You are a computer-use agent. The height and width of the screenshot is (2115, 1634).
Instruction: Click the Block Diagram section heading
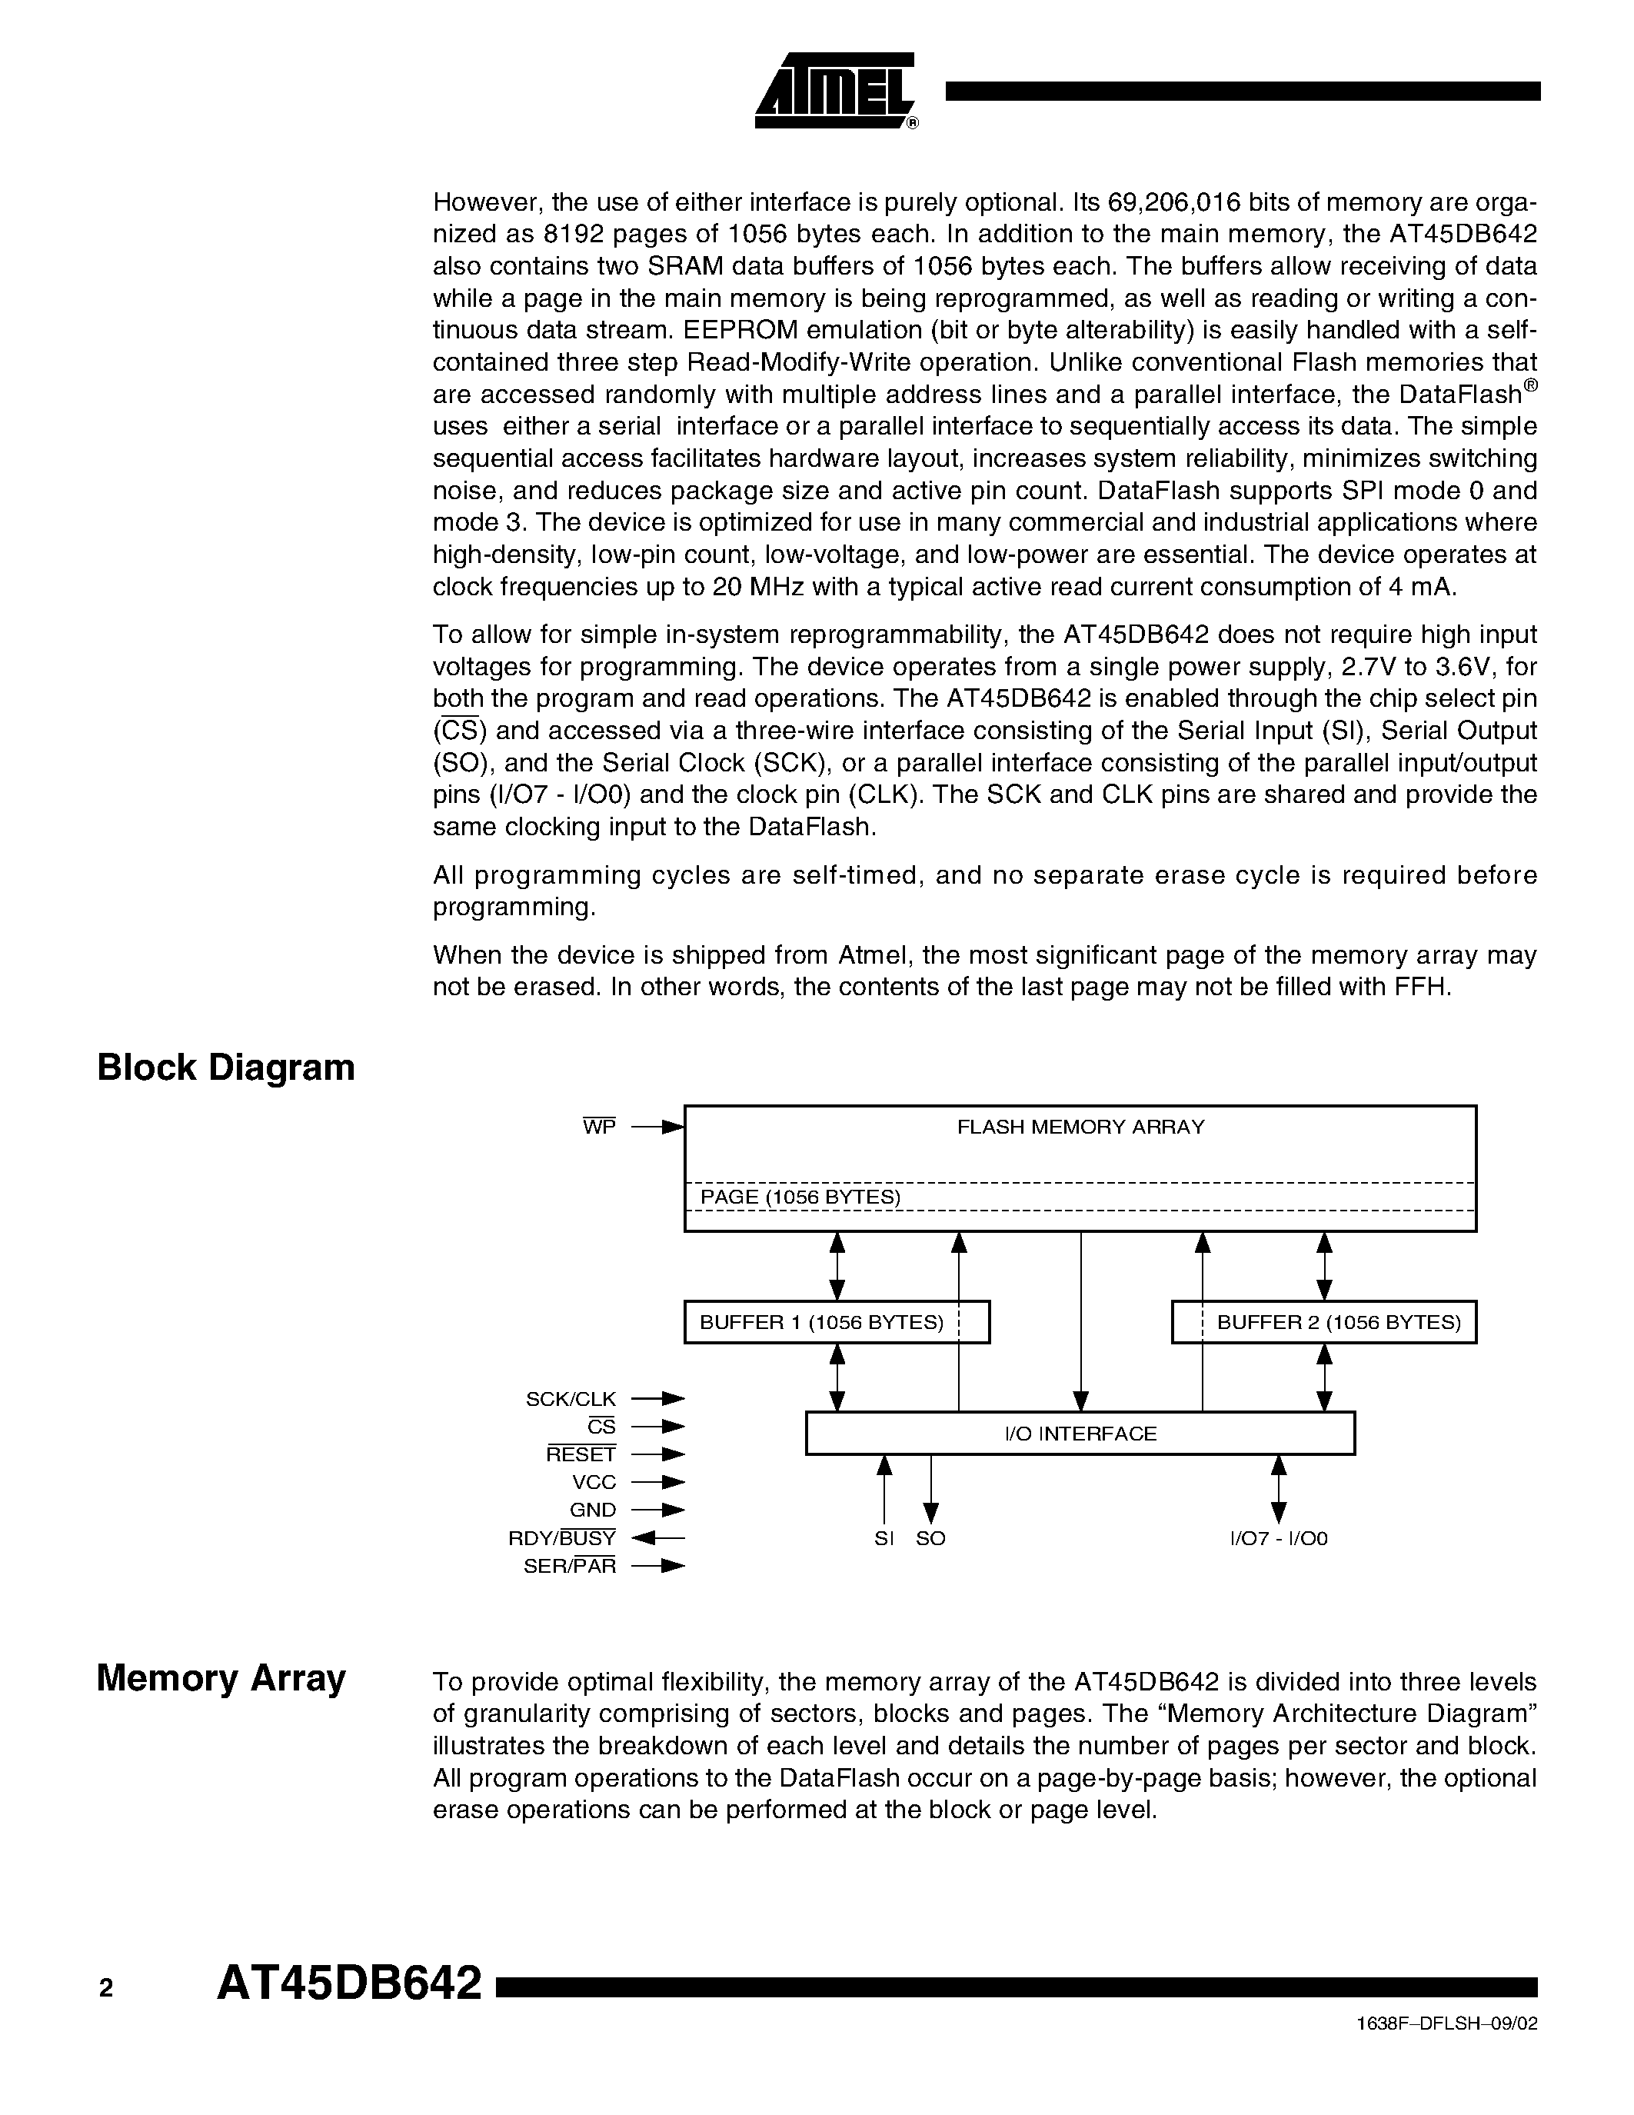pyautogui.click(x=225, y=1067)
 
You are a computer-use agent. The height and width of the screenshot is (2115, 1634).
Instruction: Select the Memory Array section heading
pyautogui.click(x=221, y=1677)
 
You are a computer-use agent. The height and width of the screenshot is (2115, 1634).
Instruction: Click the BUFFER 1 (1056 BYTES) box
pyautogui.click(x=837, y=1322)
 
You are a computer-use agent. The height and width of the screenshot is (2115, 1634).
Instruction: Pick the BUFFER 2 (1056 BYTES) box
pyautogui.click(x=1323, y=1322)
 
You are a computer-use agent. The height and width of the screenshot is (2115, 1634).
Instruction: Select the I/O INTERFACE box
pyautogui.click(x=1080, y=1434)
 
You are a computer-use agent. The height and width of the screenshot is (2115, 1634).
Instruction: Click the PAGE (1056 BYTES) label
pyautogui.click(x=800, y=1197)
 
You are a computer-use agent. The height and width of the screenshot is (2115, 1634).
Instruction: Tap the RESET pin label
pyautogui.click(x=581, y=1454)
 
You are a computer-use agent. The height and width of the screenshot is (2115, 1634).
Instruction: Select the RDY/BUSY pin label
pyautogui.click(x=561, y=1538)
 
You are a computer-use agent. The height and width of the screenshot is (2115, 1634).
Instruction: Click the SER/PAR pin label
pyautogui.click(x=569, y=1566)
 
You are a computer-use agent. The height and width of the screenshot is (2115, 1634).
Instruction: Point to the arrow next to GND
pyautogui.click(x=658, y=1510)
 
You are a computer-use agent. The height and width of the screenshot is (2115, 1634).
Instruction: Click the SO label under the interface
pyautogui.click(x=930, y=1539)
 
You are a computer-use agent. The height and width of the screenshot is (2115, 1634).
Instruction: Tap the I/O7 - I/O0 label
pyautogui.click(x=1278, y=1539)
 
